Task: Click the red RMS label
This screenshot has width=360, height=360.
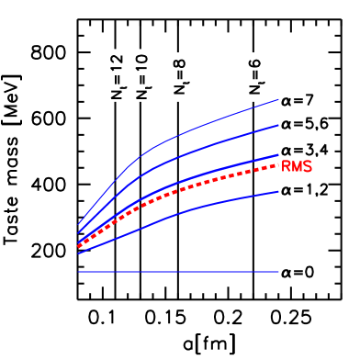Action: tap(297, 167)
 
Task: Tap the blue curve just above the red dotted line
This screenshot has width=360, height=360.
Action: tap(211, 174)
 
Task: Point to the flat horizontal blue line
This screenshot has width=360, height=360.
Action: tap(179, 272)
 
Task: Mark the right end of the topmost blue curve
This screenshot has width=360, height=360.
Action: tap(278, 99)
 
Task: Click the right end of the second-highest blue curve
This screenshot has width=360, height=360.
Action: tap(278, 124)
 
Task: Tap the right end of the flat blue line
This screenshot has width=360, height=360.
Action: tap(278, 272)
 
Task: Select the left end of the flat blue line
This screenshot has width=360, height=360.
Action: tap(79, 272)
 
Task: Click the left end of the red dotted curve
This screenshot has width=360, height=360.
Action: tap(79, 246)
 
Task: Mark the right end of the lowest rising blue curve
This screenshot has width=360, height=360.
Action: tap(278, 191)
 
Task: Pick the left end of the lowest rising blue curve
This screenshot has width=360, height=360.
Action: tap(79, 253)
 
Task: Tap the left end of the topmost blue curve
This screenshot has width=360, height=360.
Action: tap(79, 224)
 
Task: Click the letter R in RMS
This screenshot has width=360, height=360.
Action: tap(287, 167)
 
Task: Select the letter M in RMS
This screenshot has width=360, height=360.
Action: tap(297, 167)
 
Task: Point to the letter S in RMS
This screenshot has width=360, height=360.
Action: tap(308, 167)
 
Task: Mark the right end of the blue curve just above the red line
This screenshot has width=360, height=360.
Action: tap(278, 154)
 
